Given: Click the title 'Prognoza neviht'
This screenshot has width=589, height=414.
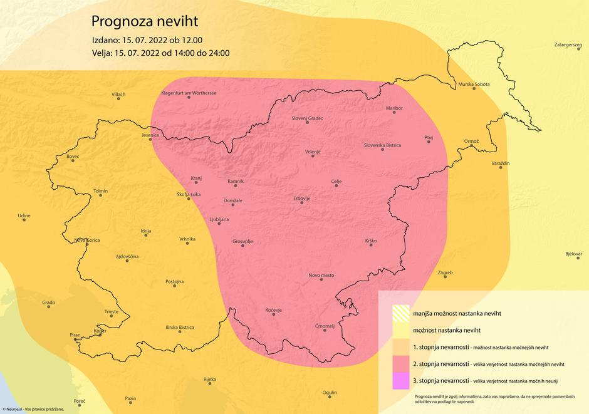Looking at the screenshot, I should pos(145,21).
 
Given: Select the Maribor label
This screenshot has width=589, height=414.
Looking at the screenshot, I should pos(394,108).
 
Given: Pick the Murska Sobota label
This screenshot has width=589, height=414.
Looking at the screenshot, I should pos(474,84).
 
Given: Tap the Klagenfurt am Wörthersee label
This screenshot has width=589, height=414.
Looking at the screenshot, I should pos(189,93).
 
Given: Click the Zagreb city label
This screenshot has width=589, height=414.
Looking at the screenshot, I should pos(445,272).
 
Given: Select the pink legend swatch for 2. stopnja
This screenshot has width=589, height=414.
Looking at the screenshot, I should pos(400,364).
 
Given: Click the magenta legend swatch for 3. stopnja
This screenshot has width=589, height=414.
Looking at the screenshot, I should pos(400,381).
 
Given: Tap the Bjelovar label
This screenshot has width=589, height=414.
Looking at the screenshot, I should pos(573,254).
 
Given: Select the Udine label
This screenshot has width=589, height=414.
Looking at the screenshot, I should pos(24,215).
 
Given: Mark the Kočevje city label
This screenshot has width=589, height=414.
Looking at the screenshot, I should pos(273,310).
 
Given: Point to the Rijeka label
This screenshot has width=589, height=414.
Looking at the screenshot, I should pos(210,380).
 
